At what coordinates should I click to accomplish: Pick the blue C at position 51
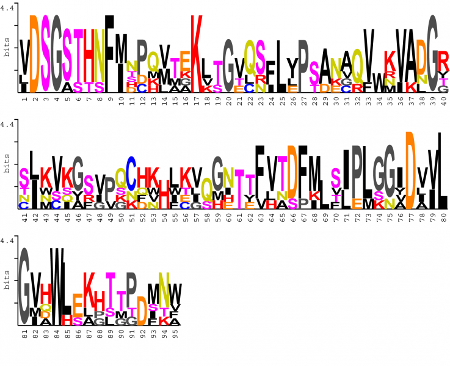click(131, 163)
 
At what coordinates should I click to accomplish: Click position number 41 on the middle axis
click(24, 216)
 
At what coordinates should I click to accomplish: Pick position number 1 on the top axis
click(24, 98)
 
